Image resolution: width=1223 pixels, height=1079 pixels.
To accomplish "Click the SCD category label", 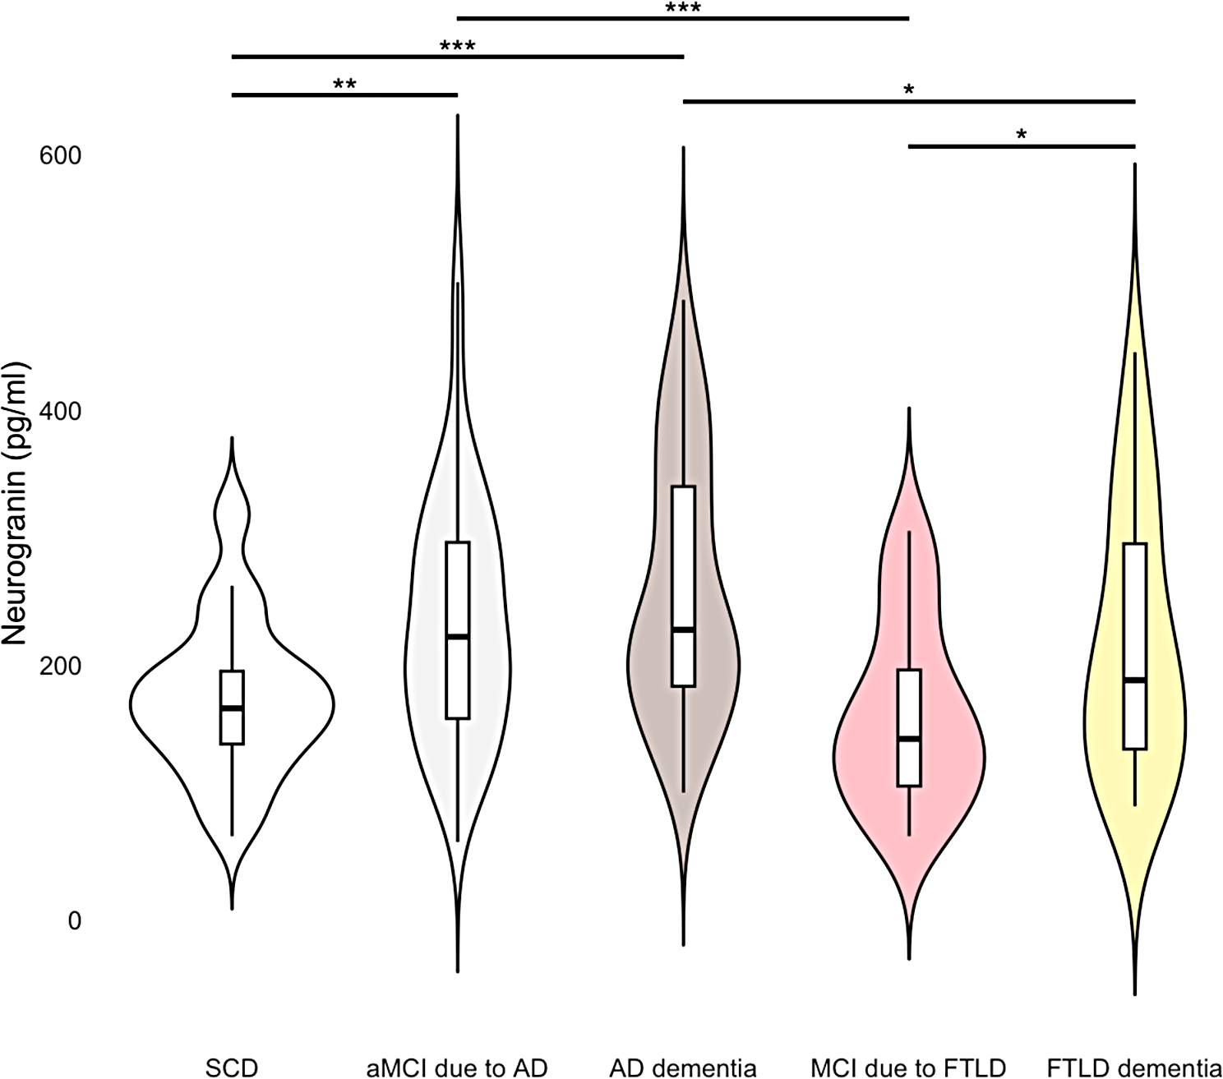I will click(232, 1067).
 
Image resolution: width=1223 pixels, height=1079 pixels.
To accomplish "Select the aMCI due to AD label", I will click(457, 1067).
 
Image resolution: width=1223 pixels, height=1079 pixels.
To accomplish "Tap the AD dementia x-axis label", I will click(683, 1067).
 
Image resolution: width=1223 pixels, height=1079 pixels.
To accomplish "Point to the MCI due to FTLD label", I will click(908, 1067).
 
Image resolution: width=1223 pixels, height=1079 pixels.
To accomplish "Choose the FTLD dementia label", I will click(1134, 1067).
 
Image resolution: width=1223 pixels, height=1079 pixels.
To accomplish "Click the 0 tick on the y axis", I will click(75, 921).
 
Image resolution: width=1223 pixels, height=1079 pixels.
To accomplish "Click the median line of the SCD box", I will click(233, 708).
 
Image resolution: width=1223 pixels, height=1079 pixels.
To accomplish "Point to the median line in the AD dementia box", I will click(683, 629).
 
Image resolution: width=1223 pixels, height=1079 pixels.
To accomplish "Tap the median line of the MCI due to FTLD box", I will click(909, 739).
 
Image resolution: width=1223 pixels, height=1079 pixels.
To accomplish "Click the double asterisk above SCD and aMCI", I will click(344, 84).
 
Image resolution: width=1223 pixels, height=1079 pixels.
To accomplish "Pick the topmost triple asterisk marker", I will click(683, 8).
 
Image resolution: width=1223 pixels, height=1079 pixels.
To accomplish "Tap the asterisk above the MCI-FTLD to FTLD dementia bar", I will click(1022, 135).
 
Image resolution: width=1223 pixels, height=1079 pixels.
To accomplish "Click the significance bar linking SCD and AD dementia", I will click(458, 57).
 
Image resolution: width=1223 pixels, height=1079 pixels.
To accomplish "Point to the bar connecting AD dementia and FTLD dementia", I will click(908, 101).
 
